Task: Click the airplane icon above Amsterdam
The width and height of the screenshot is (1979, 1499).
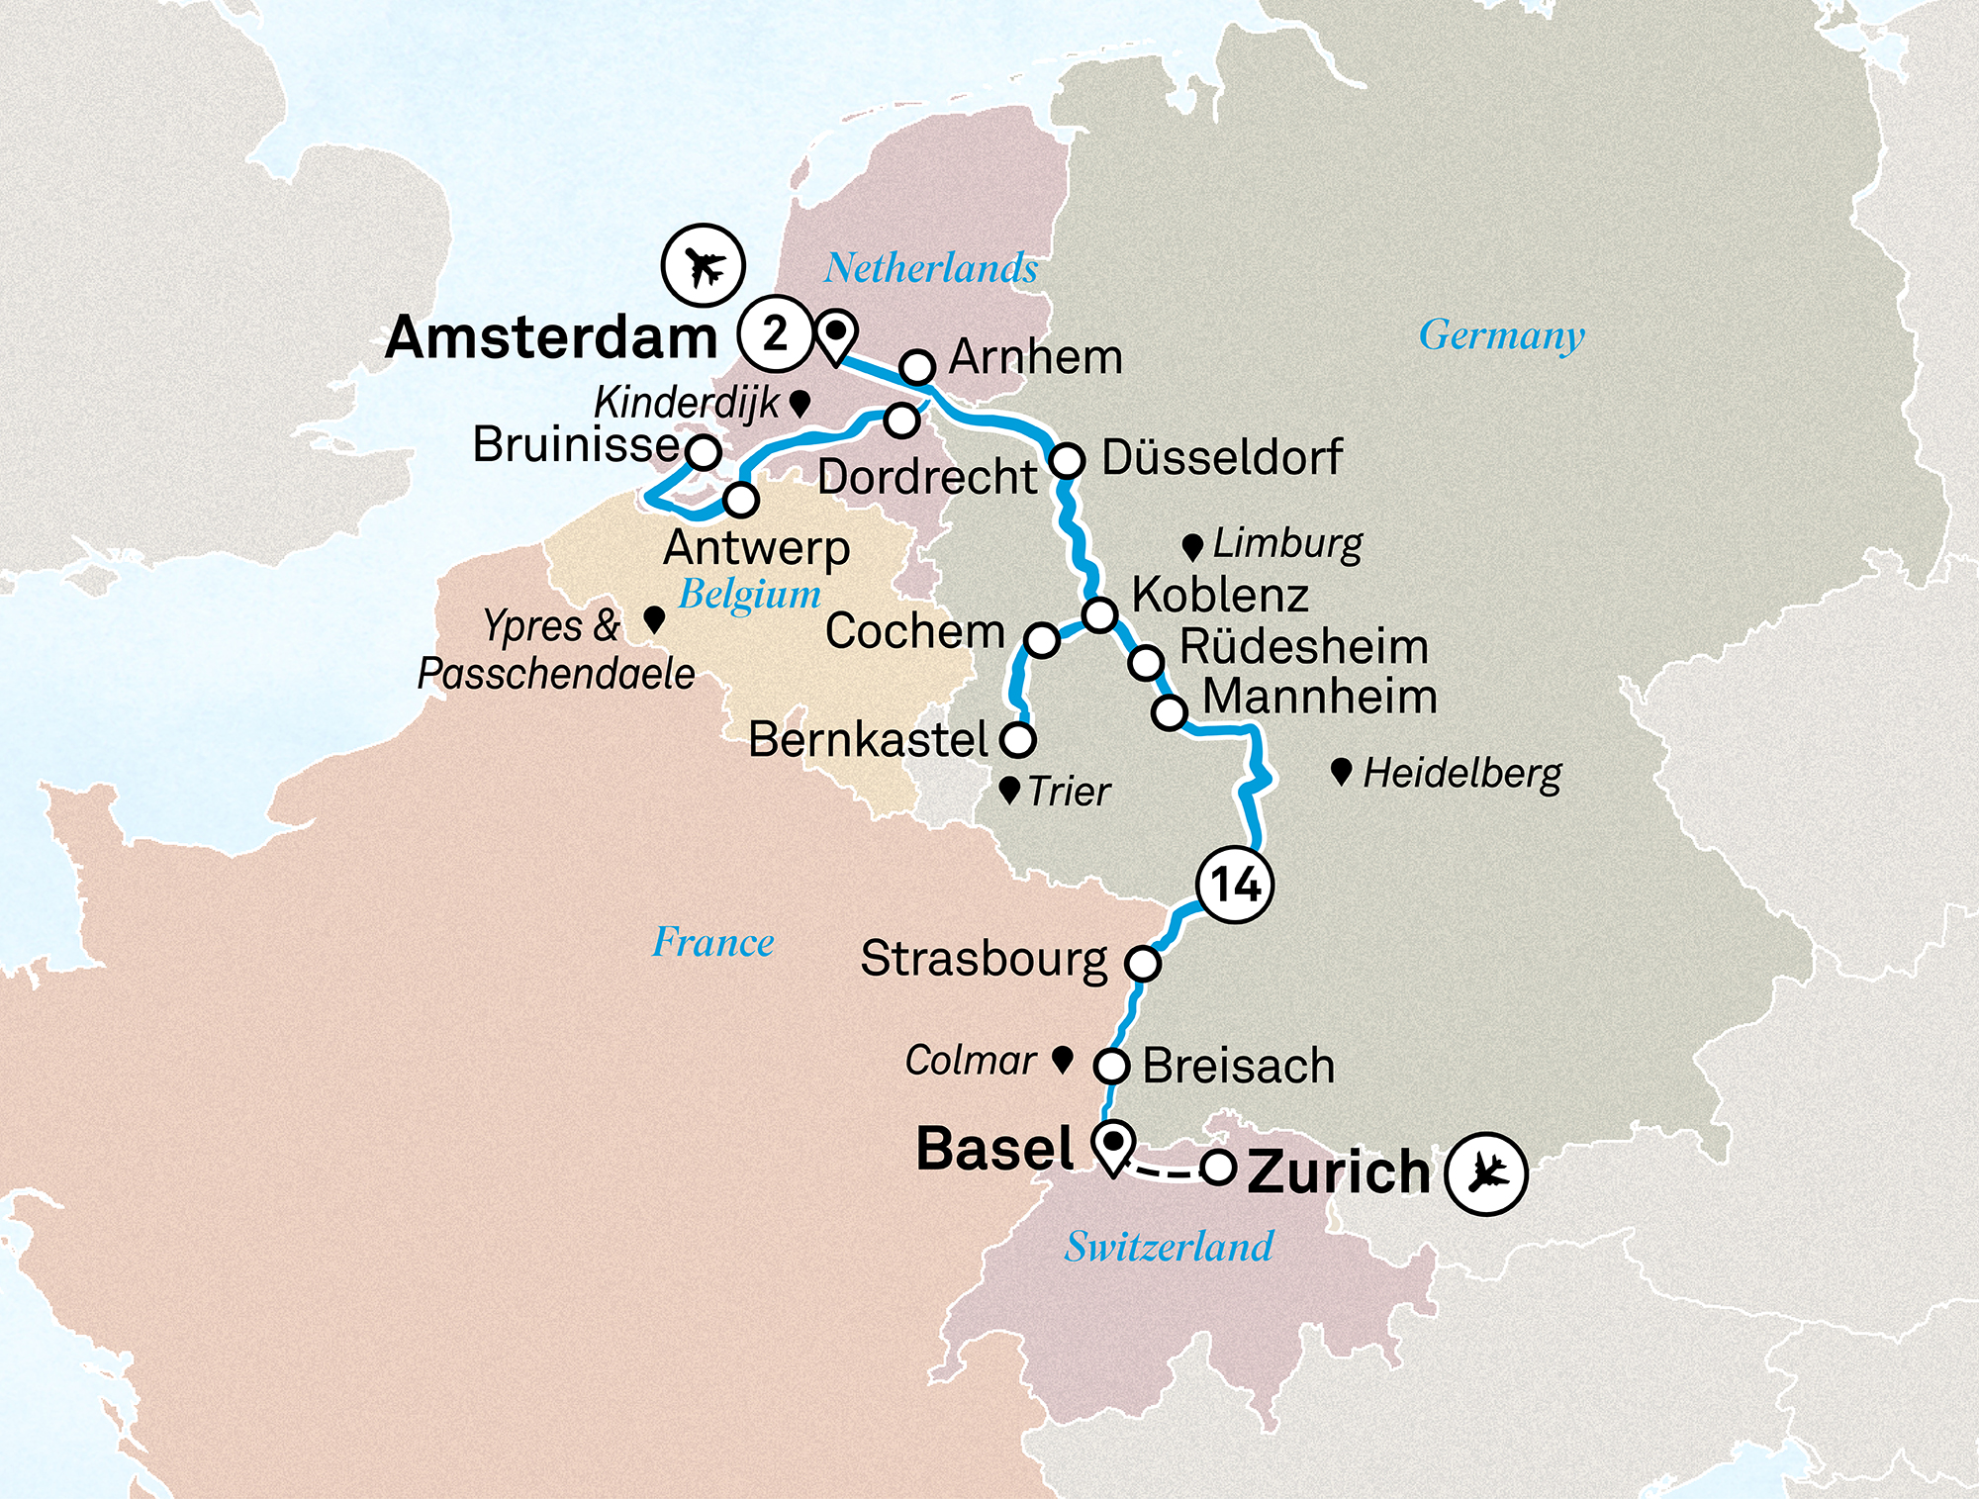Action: pyautogui.click(x=704, y=266)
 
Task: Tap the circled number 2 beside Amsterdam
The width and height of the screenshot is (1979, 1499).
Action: pyautogui.click(x=775, y=334)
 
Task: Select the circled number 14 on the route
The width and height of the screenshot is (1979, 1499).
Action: pyautogui.click(x=1235, y=885)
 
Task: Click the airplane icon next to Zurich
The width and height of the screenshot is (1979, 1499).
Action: pyautogui.click(x=1485, y=1173)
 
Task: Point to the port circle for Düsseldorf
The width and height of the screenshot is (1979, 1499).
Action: pyautogui.click(x=1068, y=461)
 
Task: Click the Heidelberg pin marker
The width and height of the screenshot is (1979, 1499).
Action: pyautogui.click(x=1341, y=772)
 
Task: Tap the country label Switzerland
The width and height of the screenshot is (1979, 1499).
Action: pyautogui.click(x=1169, y=1247)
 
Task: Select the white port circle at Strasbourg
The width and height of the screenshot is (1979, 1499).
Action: pyautogui.click(x=1143, y=963)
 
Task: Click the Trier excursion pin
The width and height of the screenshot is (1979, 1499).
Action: pyautogui.click(x=1009, y=790)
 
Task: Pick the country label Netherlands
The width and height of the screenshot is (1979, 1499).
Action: pyautogui.click(x=931, y=268)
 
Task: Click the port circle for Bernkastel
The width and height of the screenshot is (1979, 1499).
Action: pyautogui.click(x=1018, y=739)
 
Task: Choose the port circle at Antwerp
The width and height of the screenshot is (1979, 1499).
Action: pyautogui.click(x=741, y=500)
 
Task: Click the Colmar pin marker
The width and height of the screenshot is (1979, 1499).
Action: pyautogui.click(x=1063, y=1060)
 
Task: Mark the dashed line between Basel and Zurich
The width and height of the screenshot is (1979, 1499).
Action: pyautogui.click(x=1166, y=1173)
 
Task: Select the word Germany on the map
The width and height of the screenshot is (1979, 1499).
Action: pyautogui.click(x=1501, y=335)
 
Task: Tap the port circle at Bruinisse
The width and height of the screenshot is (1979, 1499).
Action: pyautogui.click(x=704, y=452)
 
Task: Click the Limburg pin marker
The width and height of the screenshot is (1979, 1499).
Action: pyautogui.click(x=1192, y=546)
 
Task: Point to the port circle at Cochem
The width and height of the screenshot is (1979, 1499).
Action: pyautogui.click(x=1042, y=640)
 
